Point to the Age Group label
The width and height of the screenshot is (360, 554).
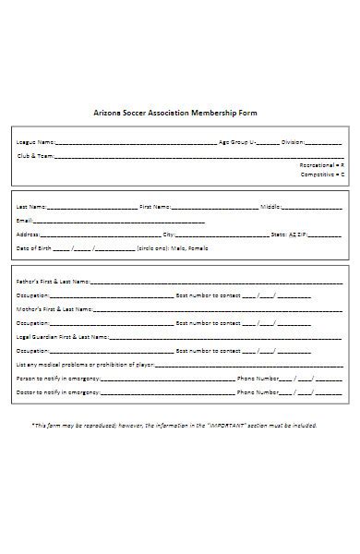[x=234, y=143]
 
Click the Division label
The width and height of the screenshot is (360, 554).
[x=293, y=143]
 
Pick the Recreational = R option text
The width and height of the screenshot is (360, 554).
[x=322, y=165]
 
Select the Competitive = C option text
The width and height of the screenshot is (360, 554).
[x=323, y=175]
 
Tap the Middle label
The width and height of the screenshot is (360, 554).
[x=270, y=207]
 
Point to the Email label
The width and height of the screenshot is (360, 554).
[x=25, y=221]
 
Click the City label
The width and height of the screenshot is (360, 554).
[x=169, y=235]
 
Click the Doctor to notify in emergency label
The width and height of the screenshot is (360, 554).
[x=57, y=392]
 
